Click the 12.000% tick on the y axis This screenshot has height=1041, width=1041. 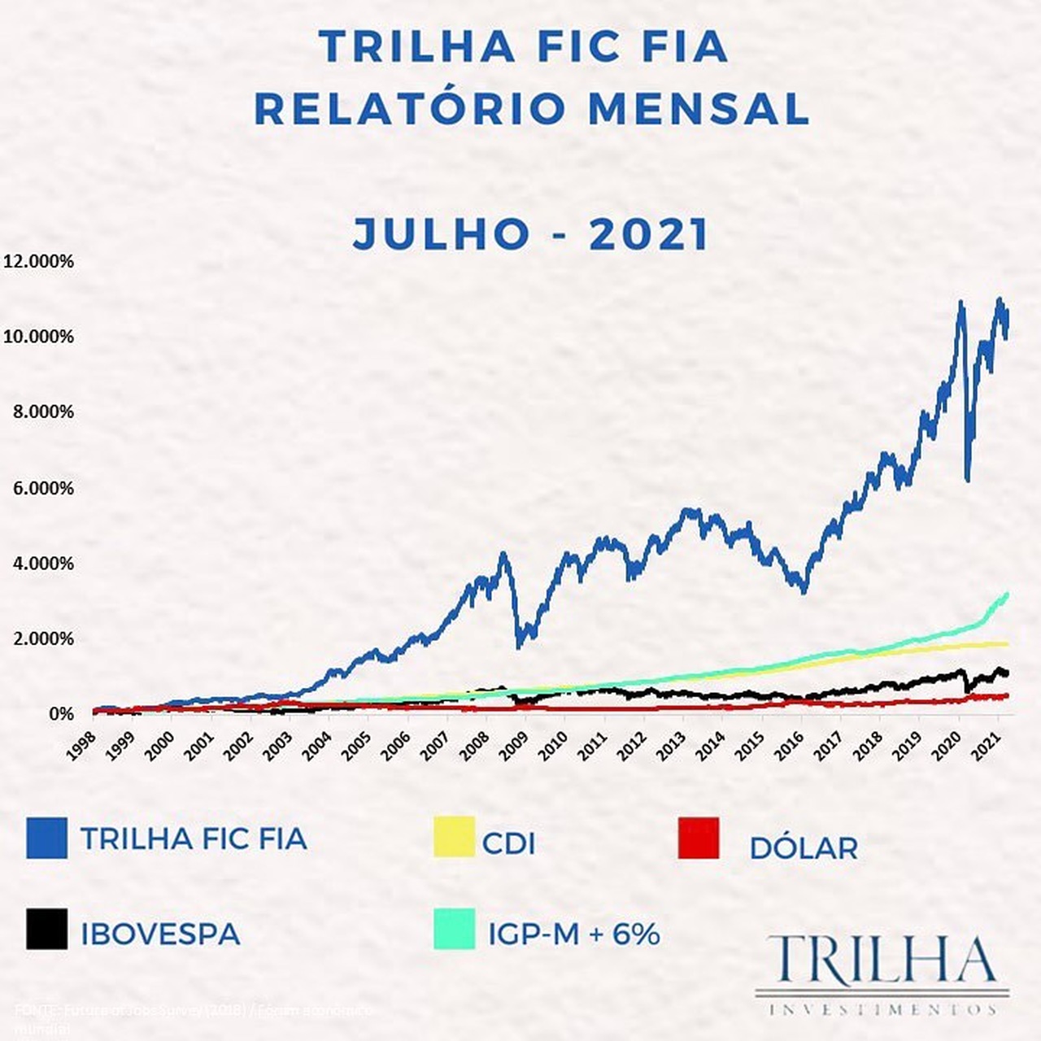pos(38,261)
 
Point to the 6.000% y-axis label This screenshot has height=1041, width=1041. pos(43,488)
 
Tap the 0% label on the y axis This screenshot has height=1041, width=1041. pos(61,714)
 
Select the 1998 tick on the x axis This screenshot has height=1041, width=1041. pos(81,746)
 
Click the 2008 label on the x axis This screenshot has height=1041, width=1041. pos(474,746)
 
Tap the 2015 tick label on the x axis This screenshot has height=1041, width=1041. pos(749,746)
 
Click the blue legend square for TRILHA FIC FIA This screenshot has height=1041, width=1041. pos(46,838)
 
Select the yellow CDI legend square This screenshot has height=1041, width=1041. pos(454,838)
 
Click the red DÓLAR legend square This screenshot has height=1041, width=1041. pos(699,838)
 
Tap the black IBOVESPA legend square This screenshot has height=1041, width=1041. pos(46,929)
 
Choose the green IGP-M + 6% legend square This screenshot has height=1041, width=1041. pos(454,929)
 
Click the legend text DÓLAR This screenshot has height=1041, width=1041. pos(804,848)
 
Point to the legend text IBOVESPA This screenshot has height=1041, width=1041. pos(160,934)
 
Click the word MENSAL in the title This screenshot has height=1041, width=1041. pos(699,109)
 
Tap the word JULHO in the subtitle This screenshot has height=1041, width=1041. pos(442,234)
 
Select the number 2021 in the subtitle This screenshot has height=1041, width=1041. pos(649,234)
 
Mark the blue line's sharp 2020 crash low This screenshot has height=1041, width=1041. pos(968,480)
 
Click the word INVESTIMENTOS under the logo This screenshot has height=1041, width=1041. pos(882,1009)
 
